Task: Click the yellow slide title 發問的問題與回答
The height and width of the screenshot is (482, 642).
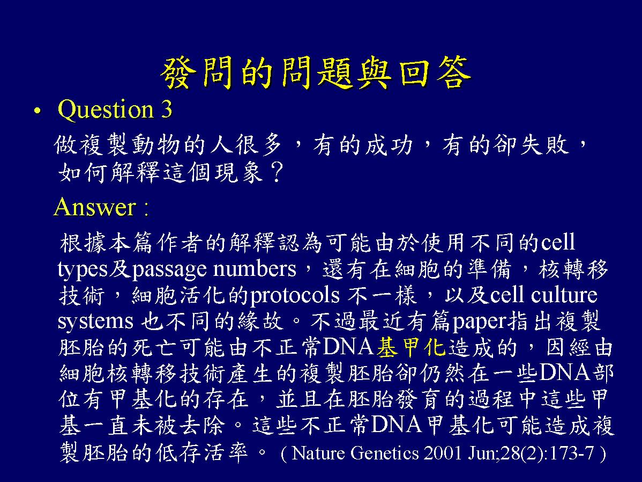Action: click(x=315, y=74)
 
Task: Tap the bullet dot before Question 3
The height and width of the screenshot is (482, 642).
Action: click(x=38, y=111)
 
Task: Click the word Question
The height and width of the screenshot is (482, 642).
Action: click(x=106, y=109)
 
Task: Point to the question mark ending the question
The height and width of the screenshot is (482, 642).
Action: click(x=277, y=172)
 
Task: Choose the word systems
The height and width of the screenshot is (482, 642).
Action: click(x=95, y=322)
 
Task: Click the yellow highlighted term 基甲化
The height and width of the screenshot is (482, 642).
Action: click(x=410, y=347)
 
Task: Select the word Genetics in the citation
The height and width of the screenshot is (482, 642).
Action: click(x=385, y=454)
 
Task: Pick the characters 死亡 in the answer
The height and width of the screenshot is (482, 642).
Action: click(x=154, y=347)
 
